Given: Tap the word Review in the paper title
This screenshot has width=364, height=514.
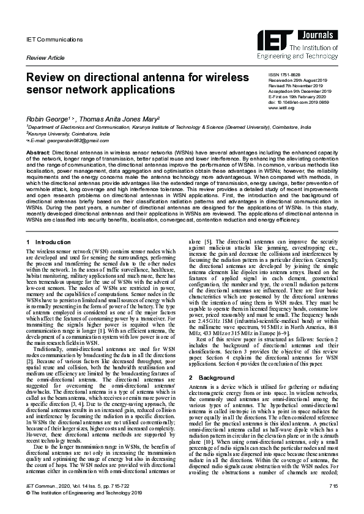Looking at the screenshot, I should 46,78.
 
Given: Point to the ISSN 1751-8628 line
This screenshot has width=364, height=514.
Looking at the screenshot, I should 284,74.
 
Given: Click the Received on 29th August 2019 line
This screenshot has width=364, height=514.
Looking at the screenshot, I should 299,80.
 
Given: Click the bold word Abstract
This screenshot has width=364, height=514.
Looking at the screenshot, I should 38,151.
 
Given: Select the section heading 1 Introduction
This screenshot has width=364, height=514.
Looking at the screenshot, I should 50,243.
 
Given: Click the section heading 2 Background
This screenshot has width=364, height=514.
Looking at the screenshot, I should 212,361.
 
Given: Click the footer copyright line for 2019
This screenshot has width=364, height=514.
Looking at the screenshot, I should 84,509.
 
